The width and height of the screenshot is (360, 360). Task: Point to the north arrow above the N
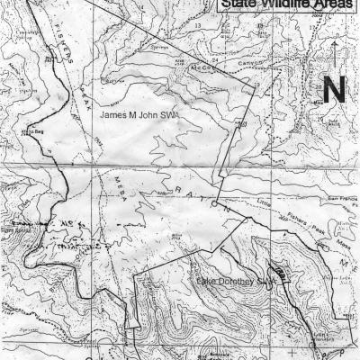pos(334,54)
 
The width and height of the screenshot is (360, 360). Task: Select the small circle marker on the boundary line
pos(213,204)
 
